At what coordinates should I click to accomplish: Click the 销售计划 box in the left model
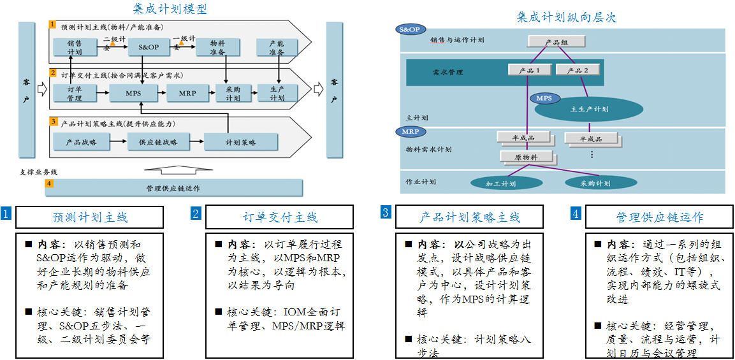point(74,47)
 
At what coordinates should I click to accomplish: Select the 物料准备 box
point(217,47)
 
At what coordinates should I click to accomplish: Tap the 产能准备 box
point(277,47)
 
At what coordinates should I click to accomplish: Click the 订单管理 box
point(74,93)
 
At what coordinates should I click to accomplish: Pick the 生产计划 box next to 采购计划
point(277,93)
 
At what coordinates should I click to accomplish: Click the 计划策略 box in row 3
point(240,142)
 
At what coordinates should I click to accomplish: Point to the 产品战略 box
point(81,142)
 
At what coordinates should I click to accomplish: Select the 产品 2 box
point(578,70)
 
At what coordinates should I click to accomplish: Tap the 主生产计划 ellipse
point(588,109)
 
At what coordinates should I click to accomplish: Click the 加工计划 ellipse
point(501,184)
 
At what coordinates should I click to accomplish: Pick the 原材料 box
point(525,156)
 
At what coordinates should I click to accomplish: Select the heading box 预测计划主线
point(89,217)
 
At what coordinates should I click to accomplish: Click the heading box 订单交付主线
point(280,217)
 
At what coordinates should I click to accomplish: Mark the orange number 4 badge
point(49,184)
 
